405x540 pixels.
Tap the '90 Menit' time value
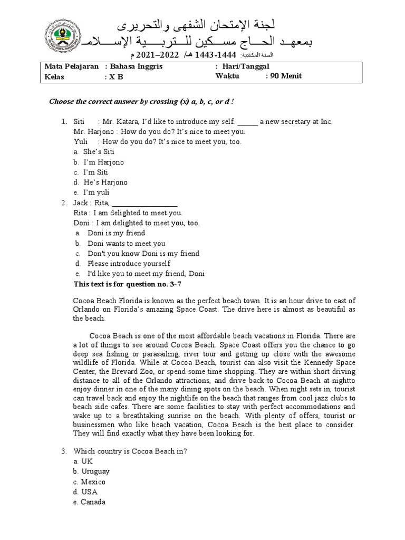[286, 76]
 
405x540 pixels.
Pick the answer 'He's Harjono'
[105, 182]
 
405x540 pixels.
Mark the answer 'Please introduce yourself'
[129, 264]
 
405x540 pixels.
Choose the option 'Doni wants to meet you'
[126, 244]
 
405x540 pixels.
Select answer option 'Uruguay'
[95, 471]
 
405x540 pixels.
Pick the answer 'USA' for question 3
[90, 492]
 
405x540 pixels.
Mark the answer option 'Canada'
[93, 502]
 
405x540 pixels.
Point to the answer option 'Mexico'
[93, 482]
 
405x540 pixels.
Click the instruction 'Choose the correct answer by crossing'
[141, 102]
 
